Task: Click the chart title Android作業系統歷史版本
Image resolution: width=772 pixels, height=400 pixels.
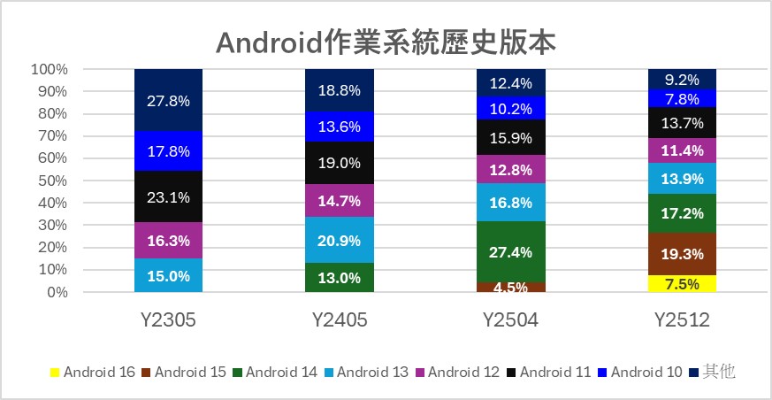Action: coord(386,41)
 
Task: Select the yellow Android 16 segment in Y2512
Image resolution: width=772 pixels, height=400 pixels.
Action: coord(682,283)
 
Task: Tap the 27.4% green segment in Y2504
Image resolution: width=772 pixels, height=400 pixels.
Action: coord(511,251)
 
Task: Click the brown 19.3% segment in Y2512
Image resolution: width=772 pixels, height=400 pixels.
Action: coord(682,254)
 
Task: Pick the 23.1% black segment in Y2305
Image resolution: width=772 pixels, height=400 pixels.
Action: coord(169,196)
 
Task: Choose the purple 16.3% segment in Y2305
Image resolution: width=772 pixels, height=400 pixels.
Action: coord(169,240)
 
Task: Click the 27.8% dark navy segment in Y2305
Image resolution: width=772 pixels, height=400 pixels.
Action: coord(169,100)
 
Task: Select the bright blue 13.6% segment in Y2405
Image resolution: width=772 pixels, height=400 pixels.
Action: coord(340,126)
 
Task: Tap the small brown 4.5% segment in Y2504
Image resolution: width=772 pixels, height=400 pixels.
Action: coord(511,287)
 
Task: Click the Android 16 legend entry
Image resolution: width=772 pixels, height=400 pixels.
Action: coord(92,373)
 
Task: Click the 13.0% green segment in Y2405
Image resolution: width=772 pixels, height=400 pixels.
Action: coord(340,277)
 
